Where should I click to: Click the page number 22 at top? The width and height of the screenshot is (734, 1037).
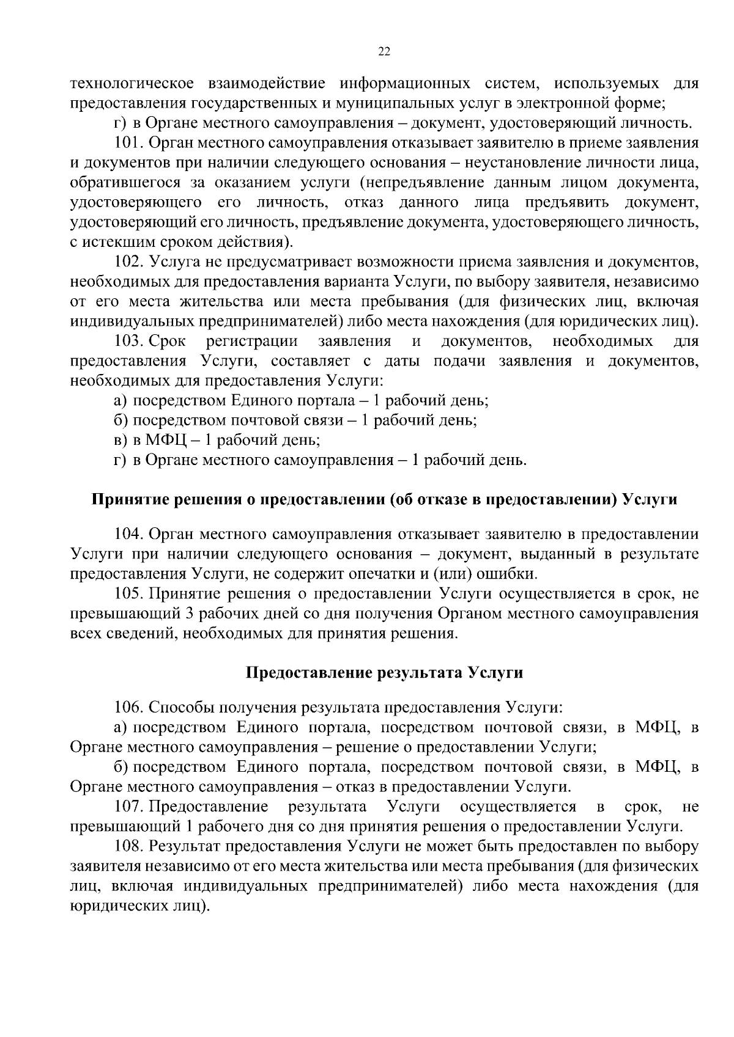384,52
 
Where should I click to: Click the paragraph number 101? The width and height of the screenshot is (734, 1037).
129,143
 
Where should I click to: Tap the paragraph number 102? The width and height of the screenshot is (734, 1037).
129,262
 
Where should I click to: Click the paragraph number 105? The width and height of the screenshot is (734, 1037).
129,593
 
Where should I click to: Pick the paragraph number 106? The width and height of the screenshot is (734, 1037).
129,707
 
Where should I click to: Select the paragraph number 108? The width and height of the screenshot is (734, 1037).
129,846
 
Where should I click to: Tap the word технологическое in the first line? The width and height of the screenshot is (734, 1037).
132,83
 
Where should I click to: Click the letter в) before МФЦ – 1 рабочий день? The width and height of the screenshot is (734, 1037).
120,440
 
